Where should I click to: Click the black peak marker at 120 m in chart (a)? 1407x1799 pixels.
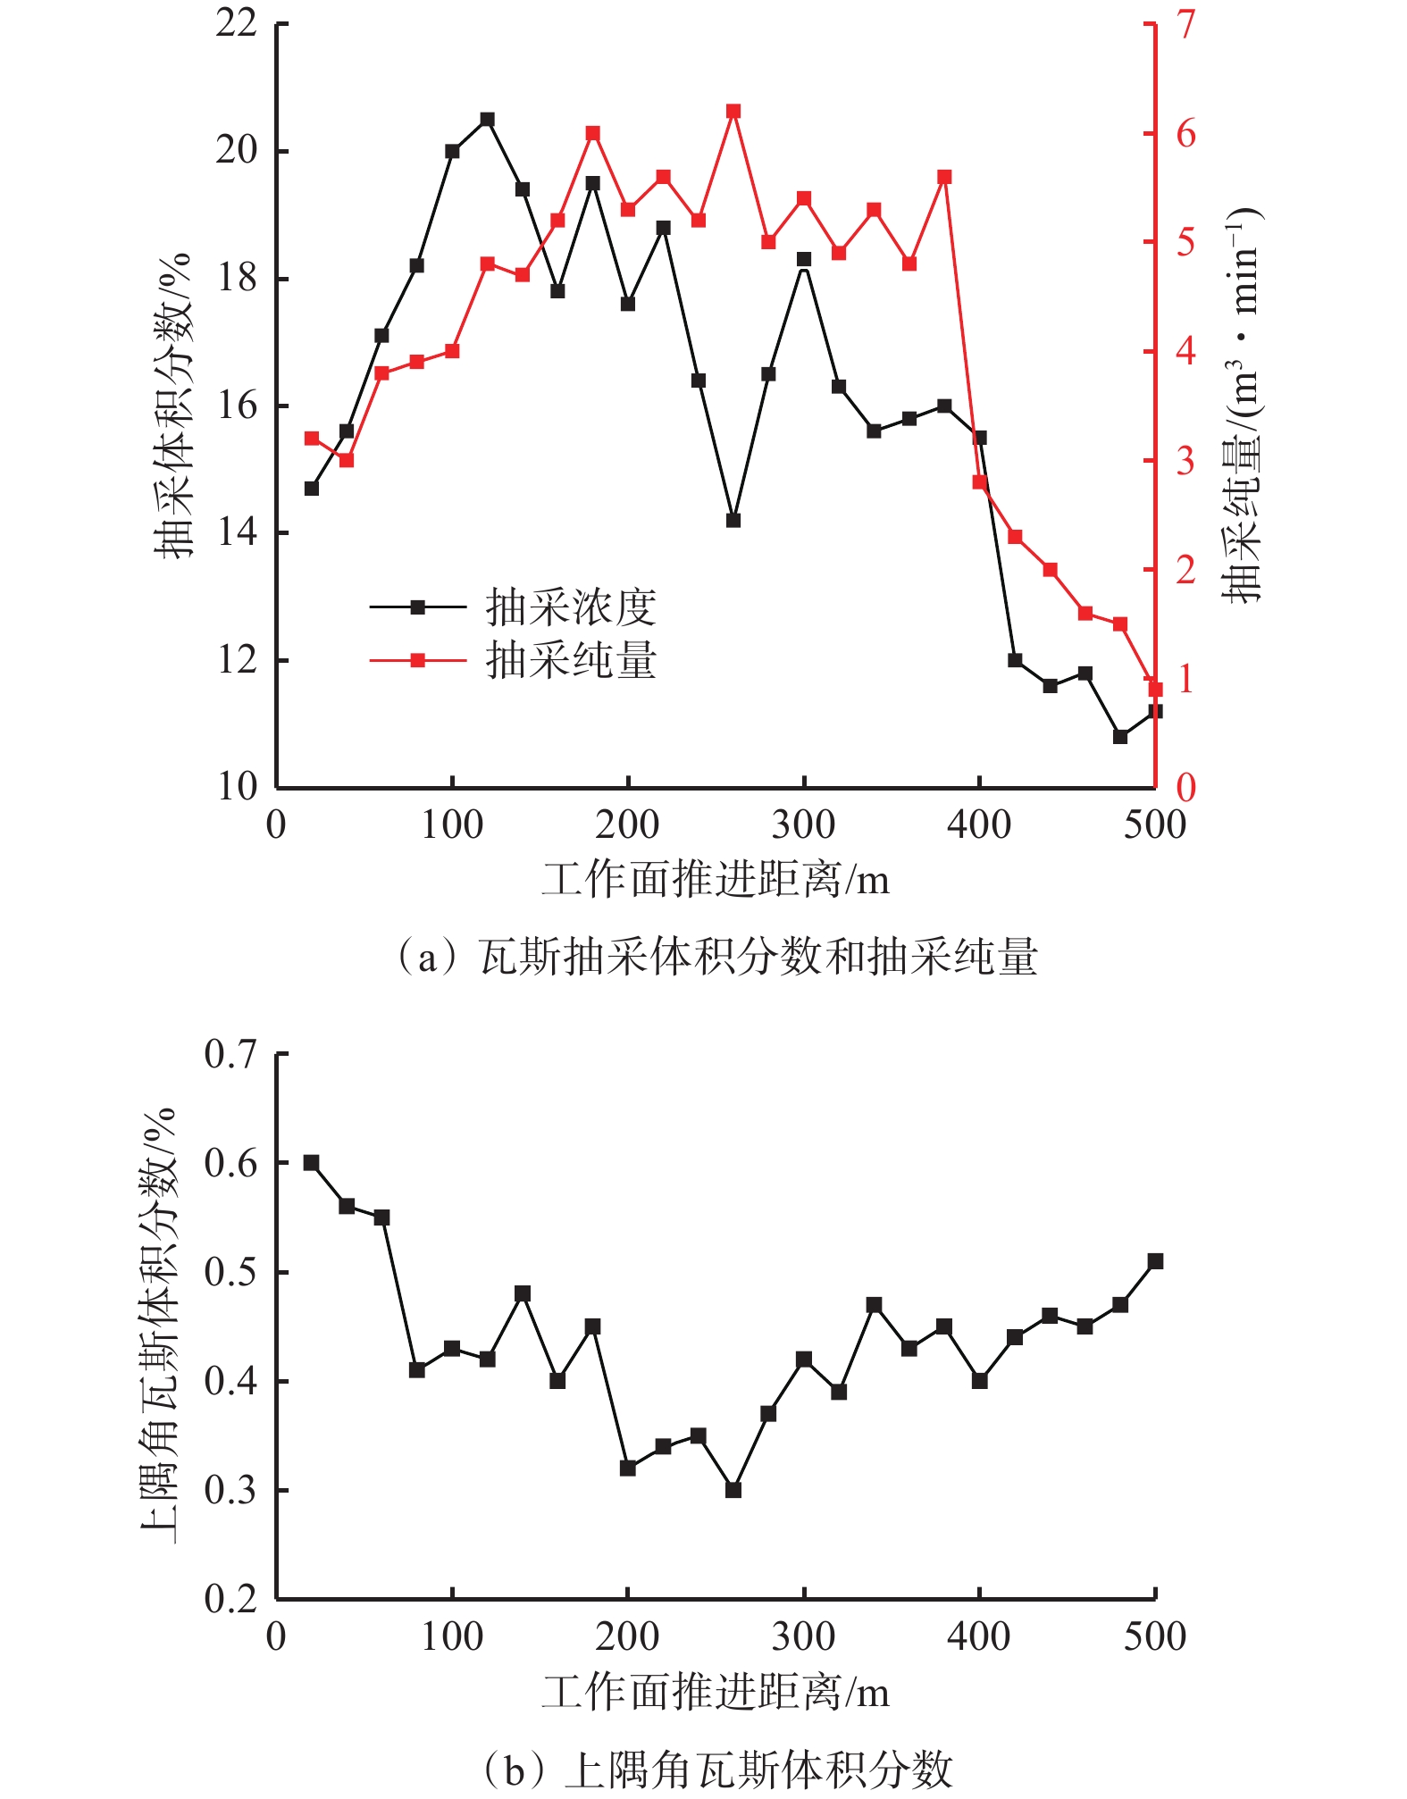pyautogui.click(x=487, y=120)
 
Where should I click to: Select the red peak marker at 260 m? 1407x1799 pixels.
pyautogui.click(x=733, y=112)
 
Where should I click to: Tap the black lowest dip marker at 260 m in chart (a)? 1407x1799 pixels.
pyautogui.click(x=733, y=520)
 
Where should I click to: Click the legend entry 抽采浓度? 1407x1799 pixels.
pyautogui.click(x=570, y=607)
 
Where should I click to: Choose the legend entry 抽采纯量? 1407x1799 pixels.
pyautogui.click(x=570, y=661)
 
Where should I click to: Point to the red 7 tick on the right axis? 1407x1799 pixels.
pyautogui.click(x=1185, y=25)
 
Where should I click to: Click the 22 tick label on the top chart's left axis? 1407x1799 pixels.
pyautogui.click(x=237, y=24)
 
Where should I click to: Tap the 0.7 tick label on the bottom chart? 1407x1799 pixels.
pyautogui.click(x=230, y=1054)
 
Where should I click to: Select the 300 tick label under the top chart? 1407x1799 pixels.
pyautogui.click(x=803, y=824)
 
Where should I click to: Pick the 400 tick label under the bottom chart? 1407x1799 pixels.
pyautogui.click(x=979, y=1636)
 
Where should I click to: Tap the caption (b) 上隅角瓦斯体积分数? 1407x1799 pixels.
pyautogui.click(x=717, y=1770)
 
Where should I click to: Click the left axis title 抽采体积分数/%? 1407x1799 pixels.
pyautogui.click(x=172, y=406)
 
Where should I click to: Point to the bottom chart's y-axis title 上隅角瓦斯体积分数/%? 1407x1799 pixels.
pyautogui.click(x=159, y=1326)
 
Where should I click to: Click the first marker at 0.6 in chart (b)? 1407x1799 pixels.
pyautogui.click(x=311, y=1163)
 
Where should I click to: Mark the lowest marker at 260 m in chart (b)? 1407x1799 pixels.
pyautogui.click(x=733, y=1490)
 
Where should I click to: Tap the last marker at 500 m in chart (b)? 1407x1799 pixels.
pyautogui.click(x=1155, y=1261)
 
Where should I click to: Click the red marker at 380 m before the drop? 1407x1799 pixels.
pyautogui.click(x=944, y=177)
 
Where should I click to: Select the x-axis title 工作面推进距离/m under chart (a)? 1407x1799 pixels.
pyautogui.click(x=715, y=881)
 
